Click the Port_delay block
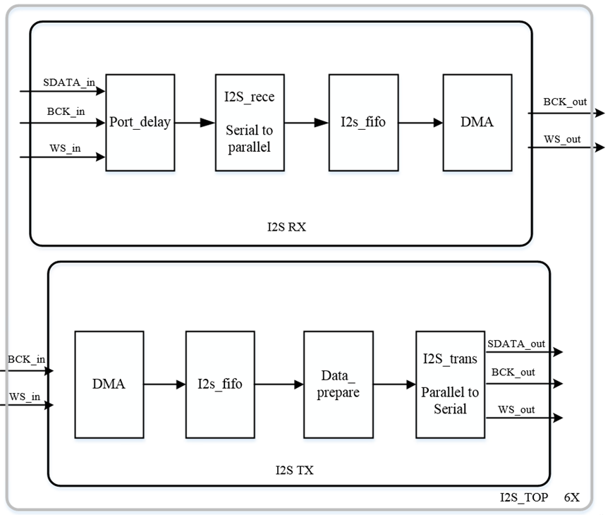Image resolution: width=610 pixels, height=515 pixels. [140, 122]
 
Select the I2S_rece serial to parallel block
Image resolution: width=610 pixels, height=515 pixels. [250, 122]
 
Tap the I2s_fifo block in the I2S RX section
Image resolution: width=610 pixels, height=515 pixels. [363, 122]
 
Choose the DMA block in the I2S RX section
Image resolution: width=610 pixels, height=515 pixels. [477, 122]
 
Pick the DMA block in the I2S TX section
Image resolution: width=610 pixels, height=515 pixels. [109, 384]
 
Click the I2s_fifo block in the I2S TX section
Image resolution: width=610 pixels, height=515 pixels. [220, 384]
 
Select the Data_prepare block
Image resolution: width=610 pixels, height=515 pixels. [338, 384]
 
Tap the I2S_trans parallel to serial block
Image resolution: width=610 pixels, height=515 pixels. [450, 384]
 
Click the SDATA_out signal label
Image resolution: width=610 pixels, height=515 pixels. [517, 344]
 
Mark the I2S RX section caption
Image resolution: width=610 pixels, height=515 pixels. [286, 227]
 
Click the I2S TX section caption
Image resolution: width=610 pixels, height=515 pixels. [294, 469]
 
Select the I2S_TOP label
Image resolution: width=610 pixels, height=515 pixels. [524, 497]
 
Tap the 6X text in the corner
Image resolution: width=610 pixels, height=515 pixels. [571, 497]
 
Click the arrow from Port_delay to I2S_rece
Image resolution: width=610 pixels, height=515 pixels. [194, 123]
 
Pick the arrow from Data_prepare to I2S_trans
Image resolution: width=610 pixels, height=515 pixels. [394, 384]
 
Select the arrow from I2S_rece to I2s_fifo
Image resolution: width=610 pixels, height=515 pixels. [306, 123]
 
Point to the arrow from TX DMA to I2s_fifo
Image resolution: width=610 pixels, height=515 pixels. [164, 384]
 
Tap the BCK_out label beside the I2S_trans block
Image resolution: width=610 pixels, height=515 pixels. [513, 372]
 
